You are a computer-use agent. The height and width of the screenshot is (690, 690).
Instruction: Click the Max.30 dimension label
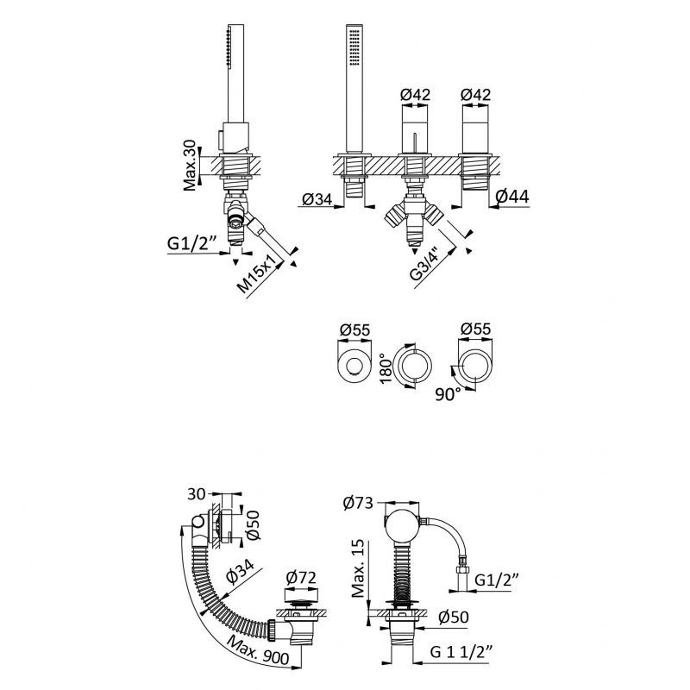(x=190, y=165)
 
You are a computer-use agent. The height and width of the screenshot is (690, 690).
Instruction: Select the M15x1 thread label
(x=259, y=273)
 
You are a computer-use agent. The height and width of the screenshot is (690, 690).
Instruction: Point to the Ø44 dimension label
(x=511, y=197)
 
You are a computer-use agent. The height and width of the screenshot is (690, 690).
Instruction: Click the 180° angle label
(x=386, y=368)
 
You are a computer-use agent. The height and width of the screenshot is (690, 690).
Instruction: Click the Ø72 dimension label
(x=301, y=578)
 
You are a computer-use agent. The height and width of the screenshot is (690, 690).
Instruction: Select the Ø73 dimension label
(x=358, y=503)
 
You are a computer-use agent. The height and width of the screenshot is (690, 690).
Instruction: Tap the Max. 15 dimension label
(x=358, y=568)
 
